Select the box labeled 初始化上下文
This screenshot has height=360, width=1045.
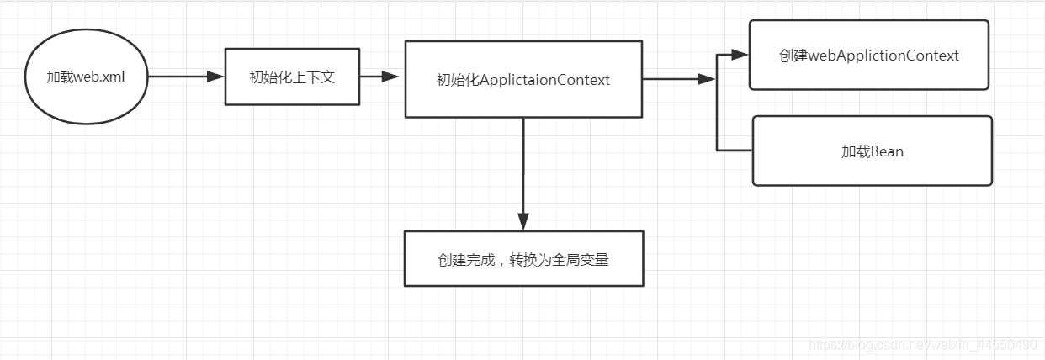pos(292,77)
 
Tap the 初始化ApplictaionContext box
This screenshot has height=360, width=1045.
pos(523,79)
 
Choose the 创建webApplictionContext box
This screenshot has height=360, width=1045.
pos(868,55)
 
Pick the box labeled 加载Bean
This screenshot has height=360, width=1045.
pos(872,151)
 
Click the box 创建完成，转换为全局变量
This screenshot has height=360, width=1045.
pos(523,259)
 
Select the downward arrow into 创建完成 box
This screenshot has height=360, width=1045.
pos(523,172)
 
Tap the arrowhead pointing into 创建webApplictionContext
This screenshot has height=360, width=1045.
pos(740,55)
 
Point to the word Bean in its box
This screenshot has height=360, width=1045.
pos(887,152)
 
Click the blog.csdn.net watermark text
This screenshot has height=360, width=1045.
pos(921,345)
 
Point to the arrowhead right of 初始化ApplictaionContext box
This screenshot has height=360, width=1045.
pos(706,79)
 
